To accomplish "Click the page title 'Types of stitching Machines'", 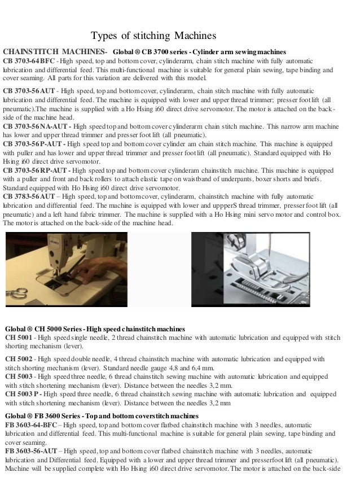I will [x=153, y=36].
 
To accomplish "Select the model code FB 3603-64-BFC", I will [x=31, y=424].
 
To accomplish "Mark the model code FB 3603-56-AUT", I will [x=31, y=452].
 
